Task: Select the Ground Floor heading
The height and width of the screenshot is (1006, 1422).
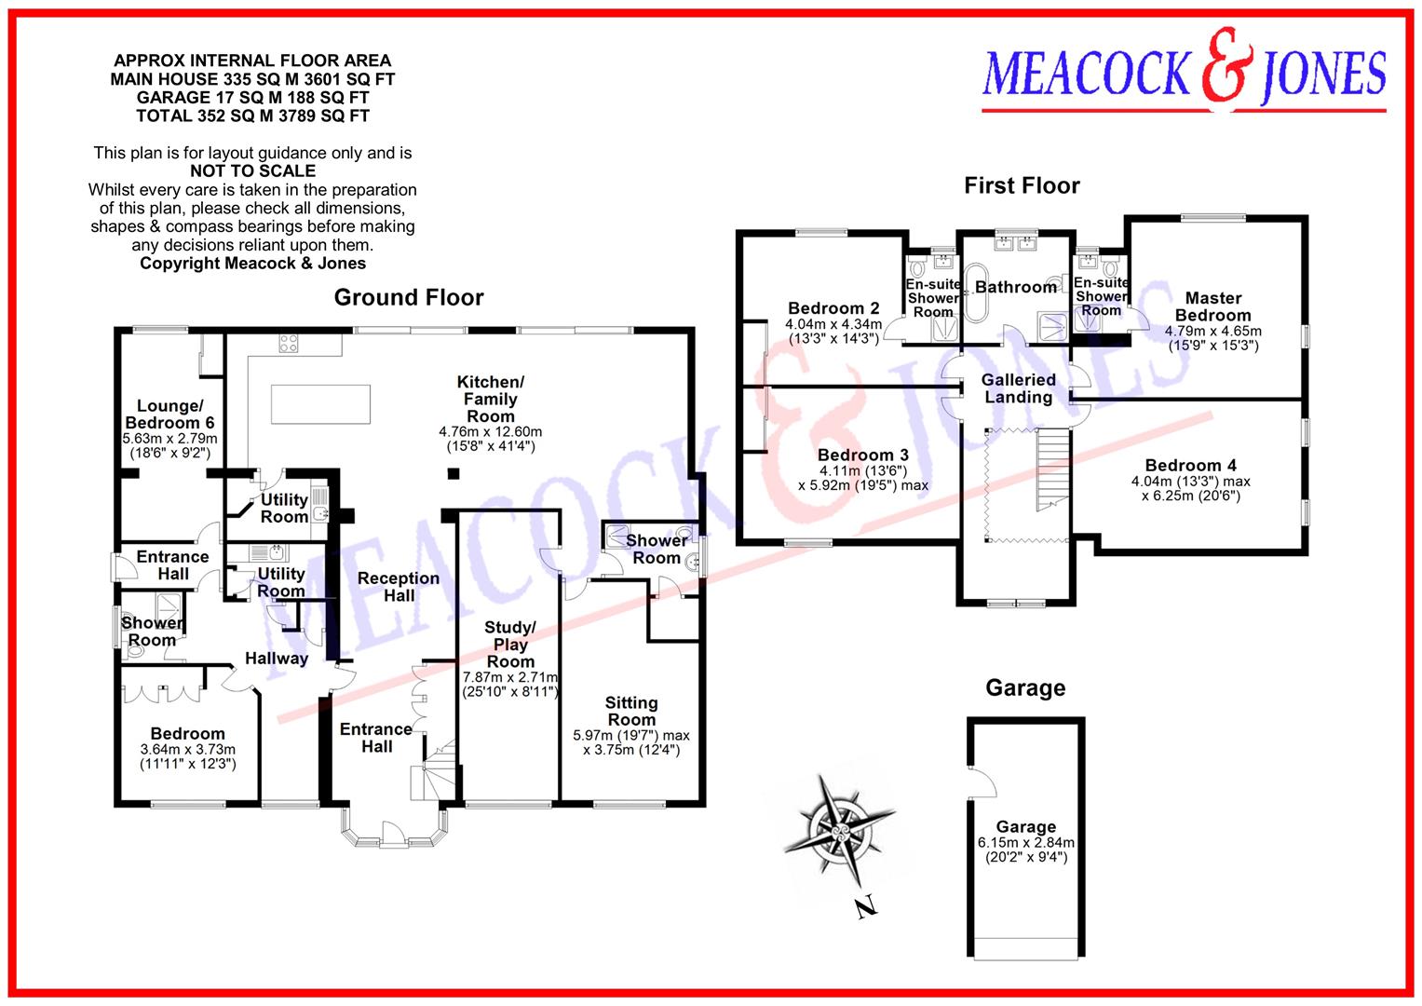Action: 409,297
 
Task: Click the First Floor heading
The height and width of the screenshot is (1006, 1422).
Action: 1022,185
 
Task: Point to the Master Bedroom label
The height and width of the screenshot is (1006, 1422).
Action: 1213,306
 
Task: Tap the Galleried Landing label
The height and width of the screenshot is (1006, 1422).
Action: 1018,388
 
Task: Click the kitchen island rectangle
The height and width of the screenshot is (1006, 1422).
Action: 320,403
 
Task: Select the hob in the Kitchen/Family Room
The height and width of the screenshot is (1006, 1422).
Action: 287,343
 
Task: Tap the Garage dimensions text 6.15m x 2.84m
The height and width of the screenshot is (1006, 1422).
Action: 1025,843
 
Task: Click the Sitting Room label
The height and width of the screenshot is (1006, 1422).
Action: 631,711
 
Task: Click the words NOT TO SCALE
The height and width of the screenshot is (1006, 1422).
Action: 252,170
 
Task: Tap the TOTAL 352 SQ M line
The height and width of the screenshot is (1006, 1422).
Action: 252,116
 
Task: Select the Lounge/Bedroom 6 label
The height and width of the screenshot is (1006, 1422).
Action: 169,415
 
